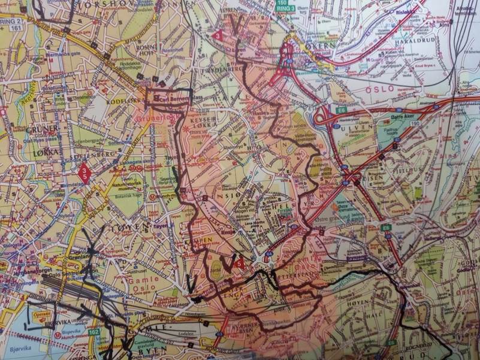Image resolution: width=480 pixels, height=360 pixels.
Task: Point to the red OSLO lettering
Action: click(379, 88)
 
